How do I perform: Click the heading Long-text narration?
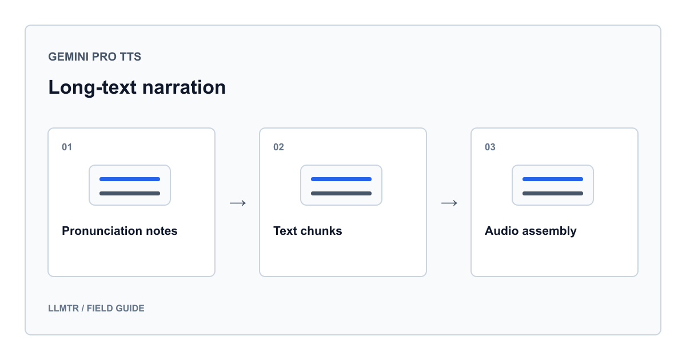[x=137, y=87]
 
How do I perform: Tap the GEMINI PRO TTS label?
[x=95, y=57]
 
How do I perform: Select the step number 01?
[x=67, y=147]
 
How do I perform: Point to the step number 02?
[x=278, y=147]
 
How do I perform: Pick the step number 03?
[x=490, y=147]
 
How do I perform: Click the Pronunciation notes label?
[x=119, y=231]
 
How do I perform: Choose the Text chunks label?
[x=308, y=231]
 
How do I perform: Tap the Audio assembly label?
[x=531, y=231]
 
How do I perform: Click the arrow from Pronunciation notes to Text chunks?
[x=238, y=203]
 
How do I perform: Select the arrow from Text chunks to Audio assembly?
[x=449, y=203]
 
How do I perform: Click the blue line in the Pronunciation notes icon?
[x=130, y=179]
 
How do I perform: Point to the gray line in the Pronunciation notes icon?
[x=130, y=194]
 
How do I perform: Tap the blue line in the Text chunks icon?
[x=341, y=179]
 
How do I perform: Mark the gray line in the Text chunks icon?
[x=341, y=194]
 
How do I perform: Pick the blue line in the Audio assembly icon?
[x=553, y=179]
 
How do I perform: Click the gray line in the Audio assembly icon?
[x=553, y=194]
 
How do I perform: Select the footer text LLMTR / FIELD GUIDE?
[x=96, y=308]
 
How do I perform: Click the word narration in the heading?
[x=184, y=87]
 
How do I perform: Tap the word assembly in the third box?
[x=549, y=231]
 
